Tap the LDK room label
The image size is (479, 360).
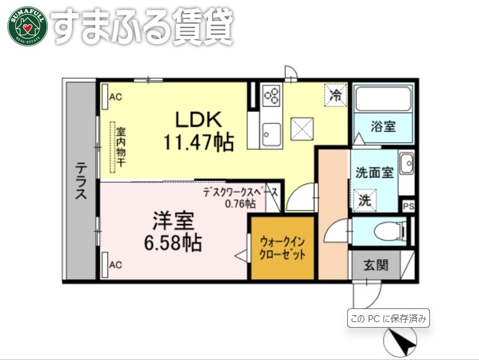(x=198, y=118)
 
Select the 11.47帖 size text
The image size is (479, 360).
(x=198, y=143)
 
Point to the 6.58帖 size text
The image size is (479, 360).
(x=173, y=242)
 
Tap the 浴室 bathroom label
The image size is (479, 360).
(x=383, y=126)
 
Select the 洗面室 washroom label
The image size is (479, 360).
(x=374, y=172)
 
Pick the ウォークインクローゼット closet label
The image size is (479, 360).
(x=283, y=247)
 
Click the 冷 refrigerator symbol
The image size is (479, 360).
(x=335, y=96)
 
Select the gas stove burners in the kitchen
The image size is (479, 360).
(x=271, y=96)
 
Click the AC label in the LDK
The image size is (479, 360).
(x=115, y=97)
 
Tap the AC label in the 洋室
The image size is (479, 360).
(x=115, y=265)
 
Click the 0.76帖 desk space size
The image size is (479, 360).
(x=240, y=203)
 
